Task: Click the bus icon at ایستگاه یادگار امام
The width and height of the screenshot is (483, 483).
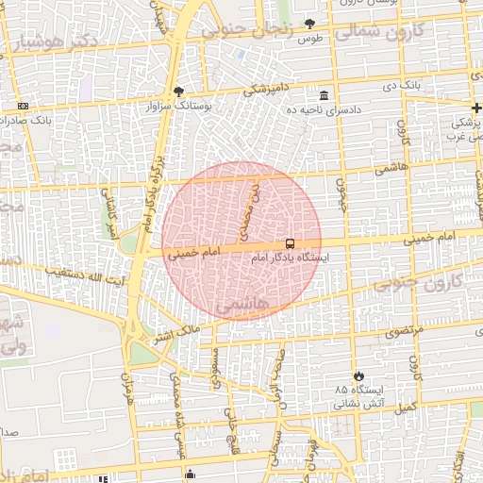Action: pyautogui.click(x=289, y=242)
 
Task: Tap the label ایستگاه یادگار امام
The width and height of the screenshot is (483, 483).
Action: pyautogui.click(x=288, y=257)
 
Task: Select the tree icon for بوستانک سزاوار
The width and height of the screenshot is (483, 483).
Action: pyautogui.click(x=178, y=92)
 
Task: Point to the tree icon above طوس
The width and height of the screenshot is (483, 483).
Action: pyautogui.click(x=310, y=24)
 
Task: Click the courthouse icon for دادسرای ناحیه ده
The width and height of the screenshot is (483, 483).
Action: pyautogui.click(x=325, y=96)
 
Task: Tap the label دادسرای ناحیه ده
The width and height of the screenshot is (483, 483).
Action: pyautogui.click(x=325, y=110)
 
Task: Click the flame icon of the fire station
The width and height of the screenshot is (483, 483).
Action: pyautogui.click(x=358, y=375)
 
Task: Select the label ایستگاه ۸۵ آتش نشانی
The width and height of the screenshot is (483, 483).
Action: pyautogui.click(x=358, y=396)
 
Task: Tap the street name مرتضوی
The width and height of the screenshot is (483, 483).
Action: pyautogui.click(x=403, y=330)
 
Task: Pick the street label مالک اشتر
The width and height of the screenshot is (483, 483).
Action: pyautogui.click(x=175, y=332)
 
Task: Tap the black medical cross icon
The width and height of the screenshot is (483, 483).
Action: pyautogui.click(x=477, y=107)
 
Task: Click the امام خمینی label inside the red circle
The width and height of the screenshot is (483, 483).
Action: pyautogui.click(x=193, y=254)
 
